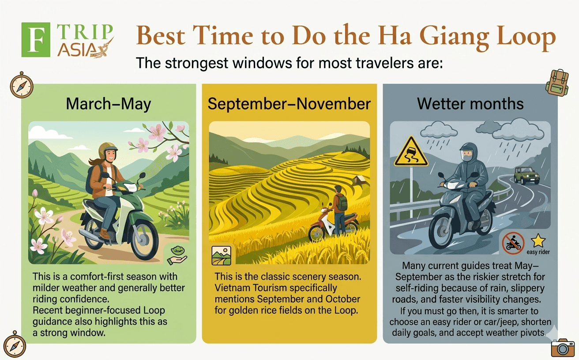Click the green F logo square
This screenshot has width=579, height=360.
(x=36, y=40)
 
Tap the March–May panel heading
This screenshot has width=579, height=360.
(x=109, y=104)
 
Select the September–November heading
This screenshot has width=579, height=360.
(x=289, y=104)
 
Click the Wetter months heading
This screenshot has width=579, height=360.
(x=470, y=104)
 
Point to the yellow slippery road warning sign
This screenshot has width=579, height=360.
(x=411, y=153)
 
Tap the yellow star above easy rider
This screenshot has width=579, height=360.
(x=538, y=240)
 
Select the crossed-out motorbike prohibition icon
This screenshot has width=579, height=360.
(x=513, y=243)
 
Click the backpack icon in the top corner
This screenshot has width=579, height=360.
(x=557, y=82)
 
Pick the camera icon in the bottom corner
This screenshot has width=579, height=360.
(x=563, y=348)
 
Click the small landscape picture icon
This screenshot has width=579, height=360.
(x=221, y=255)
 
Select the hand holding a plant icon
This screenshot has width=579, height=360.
(x=177, y=255)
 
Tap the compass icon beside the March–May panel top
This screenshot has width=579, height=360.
(x=22, y=85)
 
